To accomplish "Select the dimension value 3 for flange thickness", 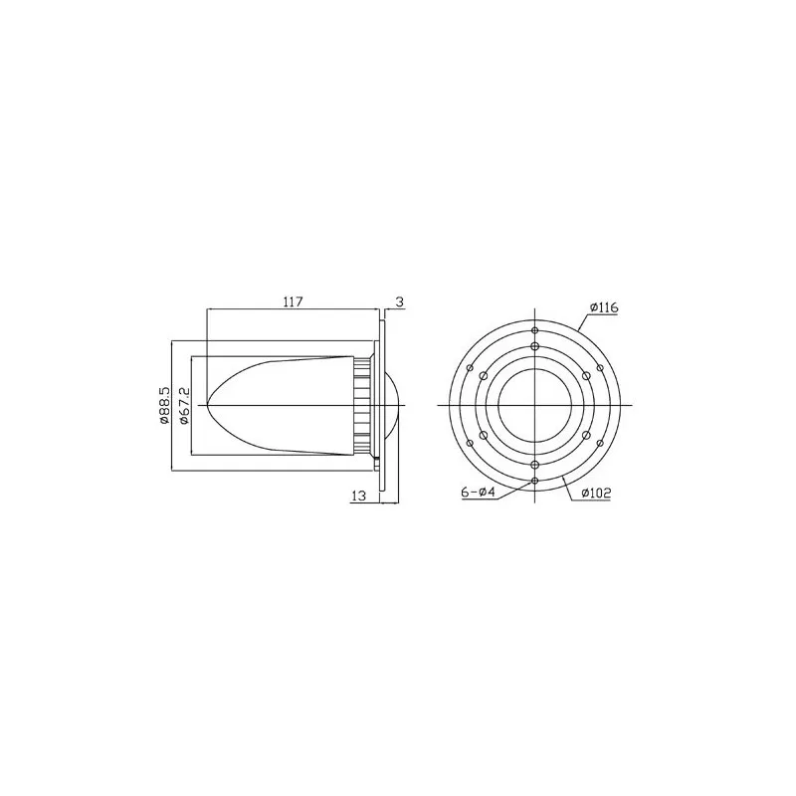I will click(x=399, y=300).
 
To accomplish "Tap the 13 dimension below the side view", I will click(x=360, y=495).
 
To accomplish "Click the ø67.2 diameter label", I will click(x=183, y=407).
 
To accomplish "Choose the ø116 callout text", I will click(x=603, y=308).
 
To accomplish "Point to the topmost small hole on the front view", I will click(x=535, y=330).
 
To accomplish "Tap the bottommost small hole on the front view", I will click(x=535, y=482).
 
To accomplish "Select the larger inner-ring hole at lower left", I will click(x=483, y=436).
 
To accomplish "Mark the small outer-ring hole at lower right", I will click(x=601, y=444).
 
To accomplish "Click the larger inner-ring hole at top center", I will click(x=535, y=346).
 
